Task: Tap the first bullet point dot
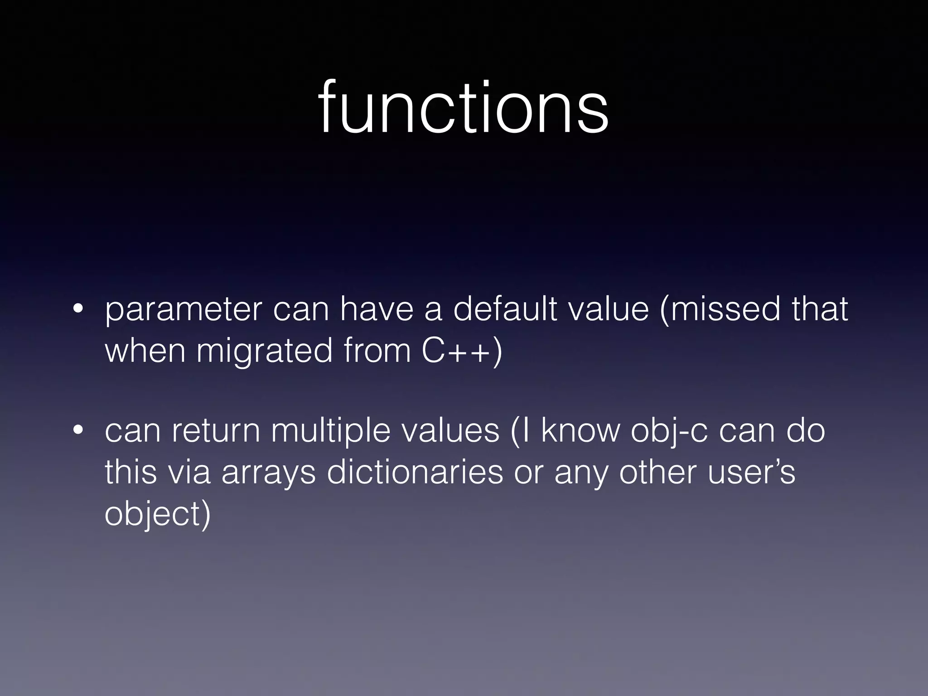(78, 310)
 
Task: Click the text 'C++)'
(462, 351)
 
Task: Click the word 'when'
(145, 351)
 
